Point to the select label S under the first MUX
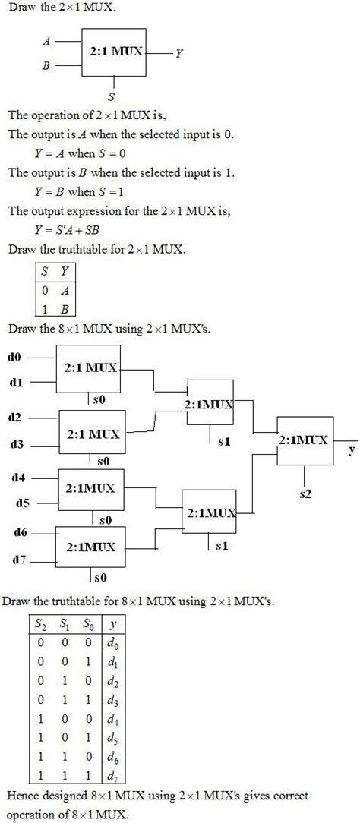[112, 96]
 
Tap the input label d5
[22, 502]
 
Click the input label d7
[20, 560]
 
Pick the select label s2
[305, 493]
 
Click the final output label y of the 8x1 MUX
[351, 449]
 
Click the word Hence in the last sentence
[24, 796]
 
